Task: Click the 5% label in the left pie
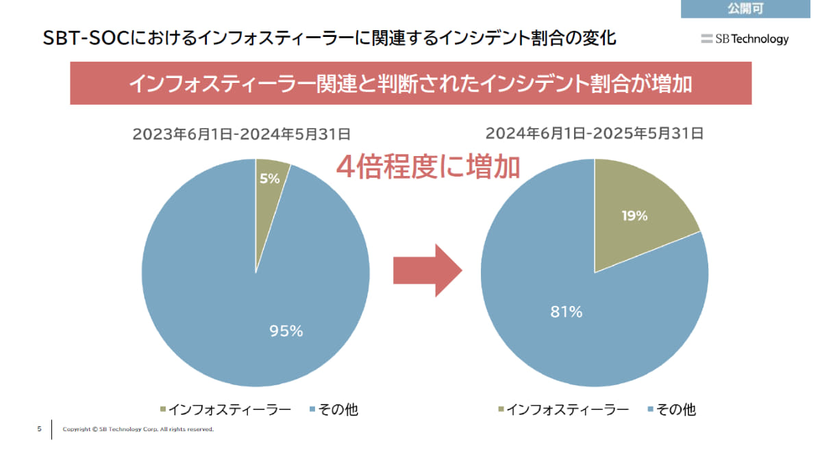point(270,179)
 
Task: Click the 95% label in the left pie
point(286,331)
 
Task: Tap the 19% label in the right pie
point(634,216)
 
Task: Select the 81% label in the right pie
point(566,312)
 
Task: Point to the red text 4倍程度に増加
point(427,166)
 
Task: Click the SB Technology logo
point(745,39)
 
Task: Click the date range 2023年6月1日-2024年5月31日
point(242,133)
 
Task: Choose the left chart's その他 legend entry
point(334,410)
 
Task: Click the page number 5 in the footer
point(39,429)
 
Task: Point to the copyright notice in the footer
point(138,430)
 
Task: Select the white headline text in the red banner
point(410,84)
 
